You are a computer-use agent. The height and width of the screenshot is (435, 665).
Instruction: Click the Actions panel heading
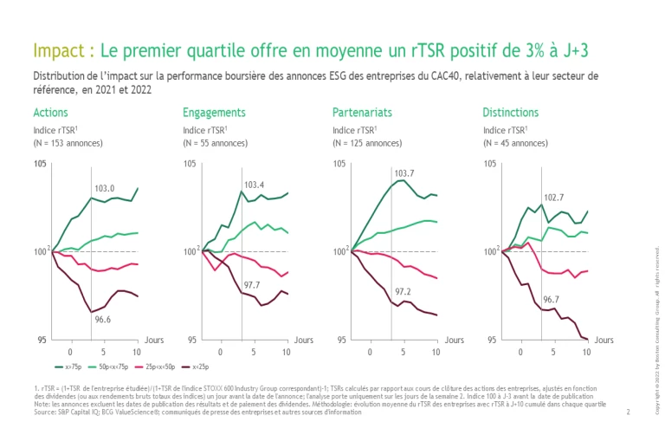tap(50, 113)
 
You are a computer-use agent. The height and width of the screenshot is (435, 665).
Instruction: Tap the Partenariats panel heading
tap(362, 113)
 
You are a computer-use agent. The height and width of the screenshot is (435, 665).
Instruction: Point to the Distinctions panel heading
tap(510, 113)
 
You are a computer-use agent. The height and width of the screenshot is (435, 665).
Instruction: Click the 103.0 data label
tap(104, 188)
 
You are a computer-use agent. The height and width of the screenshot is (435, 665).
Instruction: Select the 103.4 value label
tap(254, 185)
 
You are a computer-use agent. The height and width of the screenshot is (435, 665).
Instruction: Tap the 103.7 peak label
tap(404, 173)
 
